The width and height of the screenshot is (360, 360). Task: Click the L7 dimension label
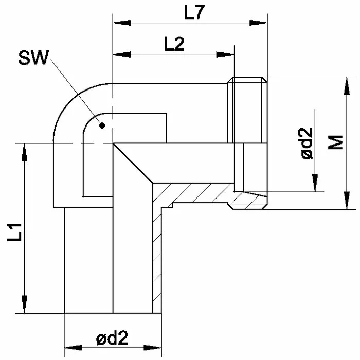pos(194,12)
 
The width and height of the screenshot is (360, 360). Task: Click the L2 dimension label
pos(174,44)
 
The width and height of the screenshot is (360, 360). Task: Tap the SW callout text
pos(34,58)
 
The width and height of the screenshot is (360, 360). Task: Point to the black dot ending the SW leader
pos(102,125)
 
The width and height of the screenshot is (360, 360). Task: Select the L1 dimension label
pos(14,232)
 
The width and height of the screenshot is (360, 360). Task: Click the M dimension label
pos(335,142)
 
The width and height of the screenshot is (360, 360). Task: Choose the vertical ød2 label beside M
pos(307,143)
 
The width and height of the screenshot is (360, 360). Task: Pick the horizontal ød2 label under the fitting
pos(112,338)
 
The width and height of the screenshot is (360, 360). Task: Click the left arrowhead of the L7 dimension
pos(122,23)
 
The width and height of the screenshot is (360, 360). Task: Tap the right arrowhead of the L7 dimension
pos(259,23)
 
